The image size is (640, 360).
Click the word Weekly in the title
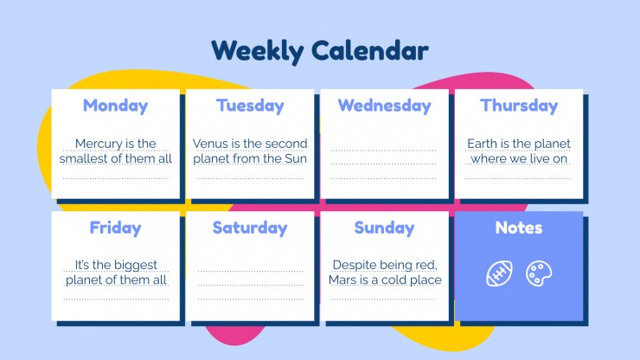pyautogui.click(x=258, y=51)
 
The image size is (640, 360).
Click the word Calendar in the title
pyautogui.click(x=370, y=51)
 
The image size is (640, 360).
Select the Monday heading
pyautogui.click(x=116, y=106)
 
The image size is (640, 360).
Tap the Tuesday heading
pyautogui.click(x=250, y=106)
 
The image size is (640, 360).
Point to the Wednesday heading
pyautogui.click(x=385, y=106)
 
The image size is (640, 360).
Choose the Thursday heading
pyautogui.click(x=519, y=106)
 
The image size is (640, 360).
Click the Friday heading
pyautogui.click(x=116, y=228)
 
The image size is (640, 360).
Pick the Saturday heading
pyautogui.click(x=250, y=228)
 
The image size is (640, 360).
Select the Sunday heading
pyautogui.click(x=385, y=228)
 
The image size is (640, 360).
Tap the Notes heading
pyautogui.click(x=519, y=228)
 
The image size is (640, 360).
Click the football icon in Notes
pyautogui.click(x=499, y=273)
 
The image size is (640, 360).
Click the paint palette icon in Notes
pyautogui.click(x=539, y=273)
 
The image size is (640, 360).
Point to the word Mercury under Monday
pyautogui.click(x=99, y=145)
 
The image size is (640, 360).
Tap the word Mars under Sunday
pyautogui.click(x=342, y=280)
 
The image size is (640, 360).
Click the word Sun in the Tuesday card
pyautogui.click(x=296, y=158)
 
